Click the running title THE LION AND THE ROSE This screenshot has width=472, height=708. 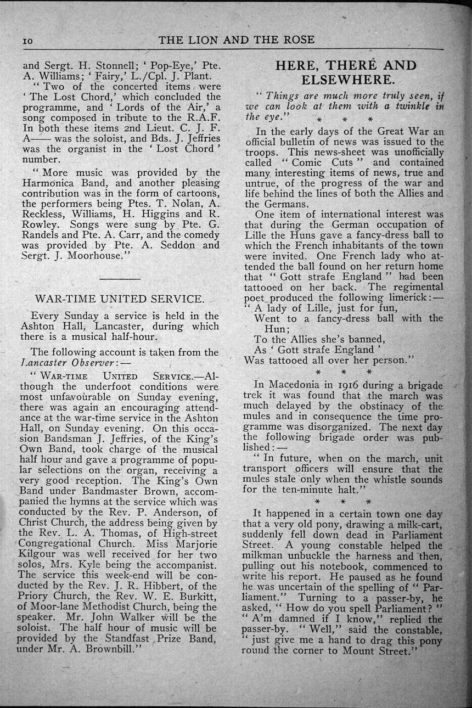(x=236, y=40)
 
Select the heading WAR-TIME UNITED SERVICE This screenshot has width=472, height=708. (x=119, y=299)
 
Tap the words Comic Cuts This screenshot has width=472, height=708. (x=314, y=162)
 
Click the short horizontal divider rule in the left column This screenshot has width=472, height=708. (x=120, y=279)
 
